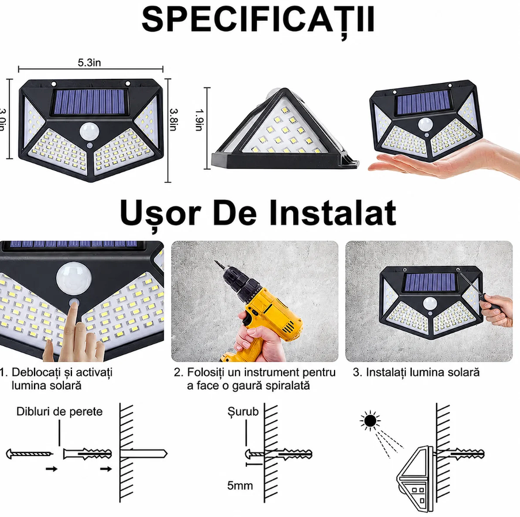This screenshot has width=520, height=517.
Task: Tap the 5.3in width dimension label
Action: (89, 62)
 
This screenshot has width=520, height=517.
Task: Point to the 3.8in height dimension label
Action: (174, 119)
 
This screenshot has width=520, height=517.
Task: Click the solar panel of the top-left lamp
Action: (89, 102)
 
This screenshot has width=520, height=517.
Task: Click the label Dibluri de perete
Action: (59, 412)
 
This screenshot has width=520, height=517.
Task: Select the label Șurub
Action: (243, 412)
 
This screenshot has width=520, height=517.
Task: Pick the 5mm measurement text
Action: (240, 485)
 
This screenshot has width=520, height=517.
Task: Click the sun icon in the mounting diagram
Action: (370, 421)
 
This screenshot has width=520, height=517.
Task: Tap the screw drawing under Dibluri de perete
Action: (29, 454)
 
